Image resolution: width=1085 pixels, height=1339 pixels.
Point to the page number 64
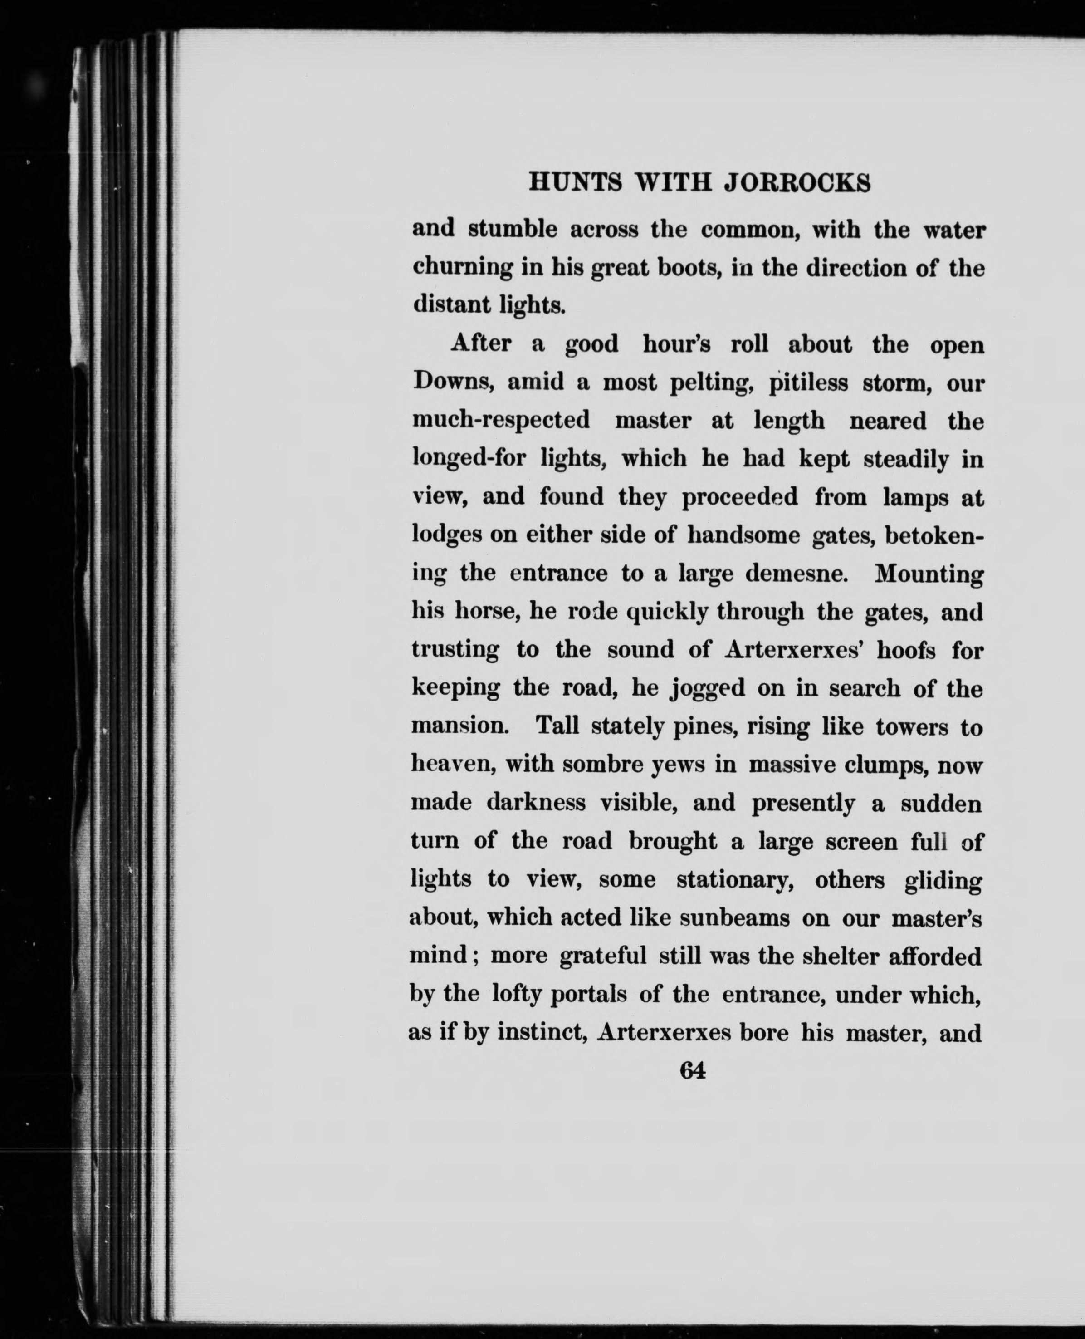[693, 1071]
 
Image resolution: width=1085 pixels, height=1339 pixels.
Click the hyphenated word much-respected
[501, 420]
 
